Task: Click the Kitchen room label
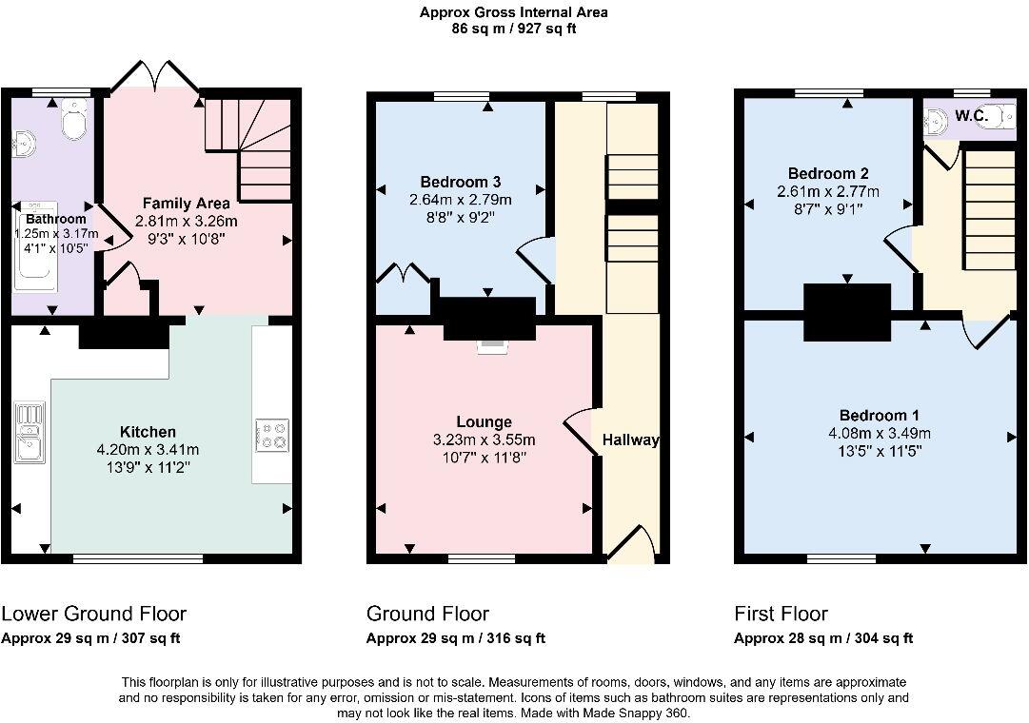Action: [x=148, y=432]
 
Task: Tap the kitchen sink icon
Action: [x=30, y=433]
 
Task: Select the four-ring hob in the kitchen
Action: [x=272, y=435]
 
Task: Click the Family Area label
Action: [x=186, y=203]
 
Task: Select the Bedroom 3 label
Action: [x=461, y=182]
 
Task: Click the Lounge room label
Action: [x=484, y=421]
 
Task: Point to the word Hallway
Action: [x=630, y=440]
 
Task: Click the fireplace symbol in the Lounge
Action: [x=492, y=346]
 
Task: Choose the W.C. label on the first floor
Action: [x=972, y=116]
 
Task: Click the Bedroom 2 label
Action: [x=828, y=173]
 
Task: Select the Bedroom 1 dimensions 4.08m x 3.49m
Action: [x=878, y=434]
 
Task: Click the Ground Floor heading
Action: [x=427, y=614]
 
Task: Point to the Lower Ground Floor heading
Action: [x=94, y=614]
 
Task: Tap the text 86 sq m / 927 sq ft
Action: [x=514, y=29]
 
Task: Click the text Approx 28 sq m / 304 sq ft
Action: [x=823, y=638]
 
